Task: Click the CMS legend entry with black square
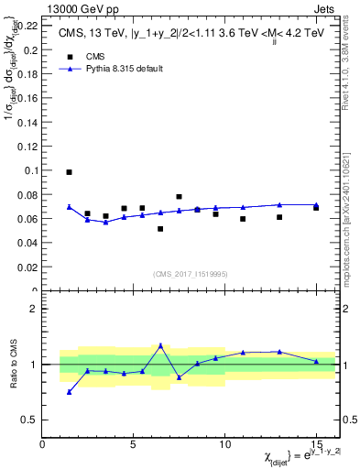coord(82,55)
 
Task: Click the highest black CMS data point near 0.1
coord(70,172)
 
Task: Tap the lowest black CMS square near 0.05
coord(160,229)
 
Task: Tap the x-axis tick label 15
coord(316,444)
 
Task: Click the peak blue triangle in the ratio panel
coord(160,345)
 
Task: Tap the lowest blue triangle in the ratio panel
coord(70,392)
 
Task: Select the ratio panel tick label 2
coord(33,309)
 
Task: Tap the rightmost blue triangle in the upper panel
coord(316,205)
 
